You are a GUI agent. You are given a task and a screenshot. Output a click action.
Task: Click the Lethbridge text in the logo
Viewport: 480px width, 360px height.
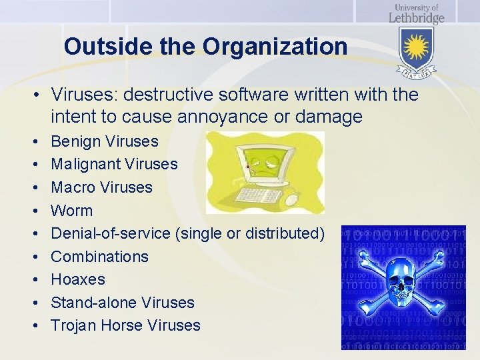click(x=416, y=17)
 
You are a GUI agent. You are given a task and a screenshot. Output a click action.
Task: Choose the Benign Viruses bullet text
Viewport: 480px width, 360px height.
click(x=105, y=141)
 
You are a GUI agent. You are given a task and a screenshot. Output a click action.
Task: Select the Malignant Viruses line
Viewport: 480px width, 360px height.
click(x=114, y=164)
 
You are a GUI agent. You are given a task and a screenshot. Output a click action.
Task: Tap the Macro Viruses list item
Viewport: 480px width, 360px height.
click(x=101, y=187)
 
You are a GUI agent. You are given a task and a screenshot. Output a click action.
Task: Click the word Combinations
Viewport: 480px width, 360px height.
click(x=99, y=257)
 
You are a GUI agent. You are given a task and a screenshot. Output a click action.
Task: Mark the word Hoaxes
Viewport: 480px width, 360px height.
click(x=78, y=279)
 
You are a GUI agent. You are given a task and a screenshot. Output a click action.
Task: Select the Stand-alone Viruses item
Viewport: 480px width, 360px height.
click(x=123, y=303)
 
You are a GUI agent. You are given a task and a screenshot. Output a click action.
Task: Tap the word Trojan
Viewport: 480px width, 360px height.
click(x=72, y=325)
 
